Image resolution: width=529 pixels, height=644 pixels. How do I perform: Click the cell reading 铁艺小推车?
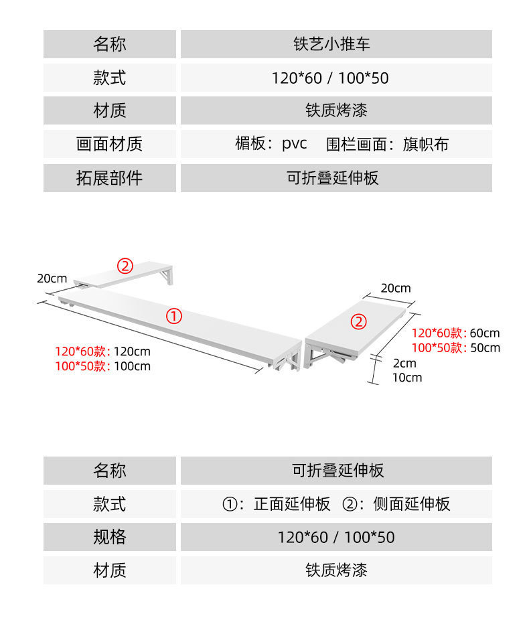[x=336, y=45]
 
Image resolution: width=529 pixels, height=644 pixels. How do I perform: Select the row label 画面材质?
[x=110, y=144]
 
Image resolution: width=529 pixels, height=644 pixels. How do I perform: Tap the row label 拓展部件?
[x=110, y=178]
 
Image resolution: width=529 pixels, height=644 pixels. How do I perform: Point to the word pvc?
[x=294, y=143]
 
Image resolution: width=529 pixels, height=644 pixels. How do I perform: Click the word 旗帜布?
[x=426, y=144]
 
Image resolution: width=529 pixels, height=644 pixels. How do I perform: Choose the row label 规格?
[x=110, y=537]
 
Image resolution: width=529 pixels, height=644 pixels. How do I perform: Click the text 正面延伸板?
[x=292, y=504]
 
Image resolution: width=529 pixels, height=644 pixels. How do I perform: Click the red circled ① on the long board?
[x=173, y=316]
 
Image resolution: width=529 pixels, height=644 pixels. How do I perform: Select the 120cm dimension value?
[x=132, y=351]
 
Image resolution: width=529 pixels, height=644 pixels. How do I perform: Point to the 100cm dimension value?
[x=132, y=366]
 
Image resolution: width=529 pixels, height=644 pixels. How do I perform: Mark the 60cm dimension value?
[x=485, y=333]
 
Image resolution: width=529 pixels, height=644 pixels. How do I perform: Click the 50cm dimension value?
[x=485, y=347]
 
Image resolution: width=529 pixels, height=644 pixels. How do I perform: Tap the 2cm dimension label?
[x=404, y=364]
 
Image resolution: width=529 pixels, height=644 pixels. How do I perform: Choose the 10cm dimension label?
[x=406, y=378]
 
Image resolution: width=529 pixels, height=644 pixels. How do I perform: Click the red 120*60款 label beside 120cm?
[x=81, y=351]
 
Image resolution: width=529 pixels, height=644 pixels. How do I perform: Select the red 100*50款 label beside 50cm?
[x=437, y=347]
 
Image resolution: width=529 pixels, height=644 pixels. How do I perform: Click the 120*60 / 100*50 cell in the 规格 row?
[x=336, y=537]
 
